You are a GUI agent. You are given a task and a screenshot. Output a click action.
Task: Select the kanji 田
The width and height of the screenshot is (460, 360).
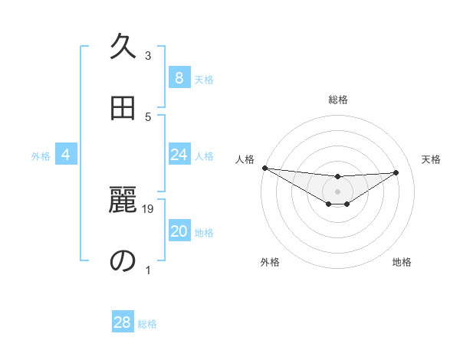click(123, 108)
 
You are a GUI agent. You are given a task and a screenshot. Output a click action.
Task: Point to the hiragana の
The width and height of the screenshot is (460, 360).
click(123, 260)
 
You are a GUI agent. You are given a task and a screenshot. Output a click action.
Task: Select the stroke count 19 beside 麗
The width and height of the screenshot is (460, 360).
click(149, 208)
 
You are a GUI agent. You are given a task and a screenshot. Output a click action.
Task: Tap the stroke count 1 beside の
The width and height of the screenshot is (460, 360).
click(148, 270)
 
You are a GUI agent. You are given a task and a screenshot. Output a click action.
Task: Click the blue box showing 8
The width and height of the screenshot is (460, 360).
click(179, 78)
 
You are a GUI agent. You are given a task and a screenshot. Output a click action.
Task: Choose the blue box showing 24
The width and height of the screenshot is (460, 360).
click(179, 155)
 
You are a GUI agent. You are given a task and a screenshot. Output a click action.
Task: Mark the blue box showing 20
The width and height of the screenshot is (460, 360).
click(179, 231)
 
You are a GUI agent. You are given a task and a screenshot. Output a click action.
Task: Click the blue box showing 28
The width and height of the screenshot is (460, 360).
click(122, 322)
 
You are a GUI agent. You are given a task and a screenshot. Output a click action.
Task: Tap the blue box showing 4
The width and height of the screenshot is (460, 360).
click(66, 155)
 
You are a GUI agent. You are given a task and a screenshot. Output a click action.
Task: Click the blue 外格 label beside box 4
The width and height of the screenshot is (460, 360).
click(41, 155)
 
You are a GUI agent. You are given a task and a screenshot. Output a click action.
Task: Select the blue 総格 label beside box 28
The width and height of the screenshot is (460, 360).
click(147, 323)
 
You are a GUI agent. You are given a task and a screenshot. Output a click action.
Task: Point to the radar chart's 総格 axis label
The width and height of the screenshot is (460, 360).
click(338, 100)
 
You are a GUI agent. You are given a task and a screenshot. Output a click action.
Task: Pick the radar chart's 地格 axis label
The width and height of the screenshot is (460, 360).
click(402, 262)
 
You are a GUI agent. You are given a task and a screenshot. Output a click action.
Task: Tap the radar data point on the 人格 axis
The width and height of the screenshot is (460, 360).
click(264, 168)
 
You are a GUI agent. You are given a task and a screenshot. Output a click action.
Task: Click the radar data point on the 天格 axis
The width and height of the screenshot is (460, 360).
click(396, 172)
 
